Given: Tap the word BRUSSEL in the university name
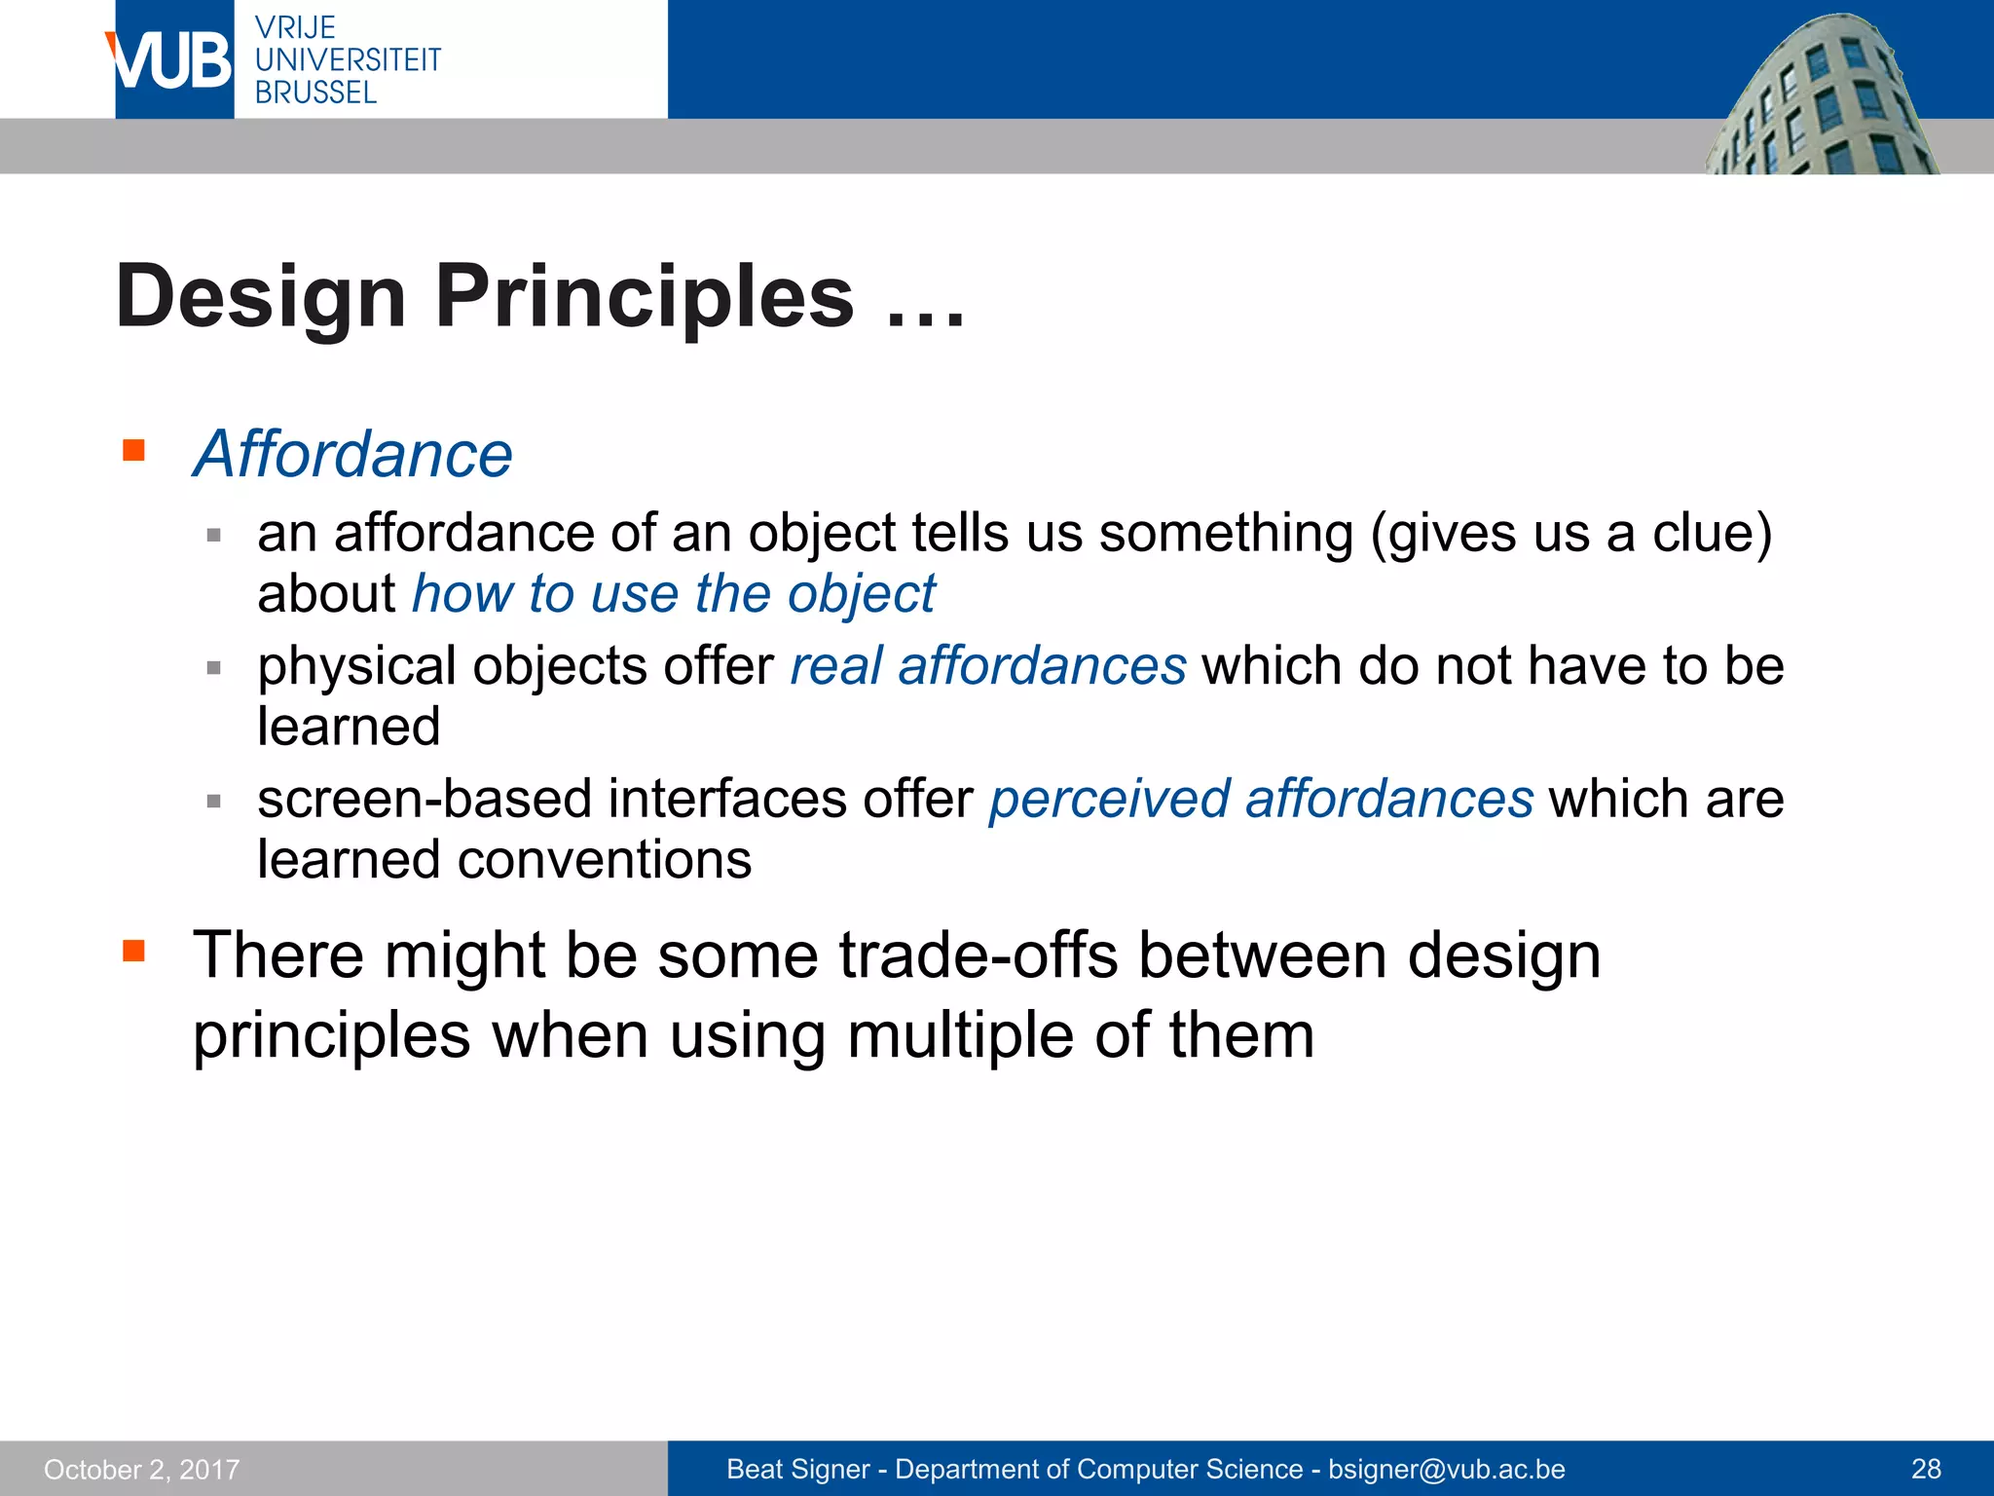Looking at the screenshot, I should click(x=315, y=93).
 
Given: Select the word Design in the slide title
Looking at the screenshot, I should click(x=260, y=296).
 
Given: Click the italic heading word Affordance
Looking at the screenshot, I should click(x=352, y=454).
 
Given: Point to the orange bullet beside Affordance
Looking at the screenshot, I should click(x=133, y=450).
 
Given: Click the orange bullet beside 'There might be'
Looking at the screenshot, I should click(x=133, y=950).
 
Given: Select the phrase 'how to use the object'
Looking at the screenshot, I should click(x=673, y=593).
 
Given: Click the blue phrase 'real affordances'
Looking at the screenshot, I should click(x=987, y=666).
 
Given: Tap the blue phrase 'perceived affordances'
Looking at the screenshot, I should click(x=1261, y=799).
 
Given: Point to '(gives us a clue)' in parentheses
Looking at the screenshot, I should click(x=1570, y=534).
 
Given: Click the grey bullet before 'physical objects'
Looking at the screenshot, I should click(x=214, y=668).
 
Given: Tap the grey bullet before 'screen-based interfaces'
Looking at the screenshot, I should click(x=214, y=801).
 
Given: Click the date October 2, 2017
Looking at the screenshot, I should click(x=142, y=1469).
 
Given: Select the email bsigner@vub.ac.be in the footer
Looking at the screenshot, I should click(x=1446, y=1469).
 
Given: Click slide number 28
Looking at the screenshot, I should click(x=1926, y=1469).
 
